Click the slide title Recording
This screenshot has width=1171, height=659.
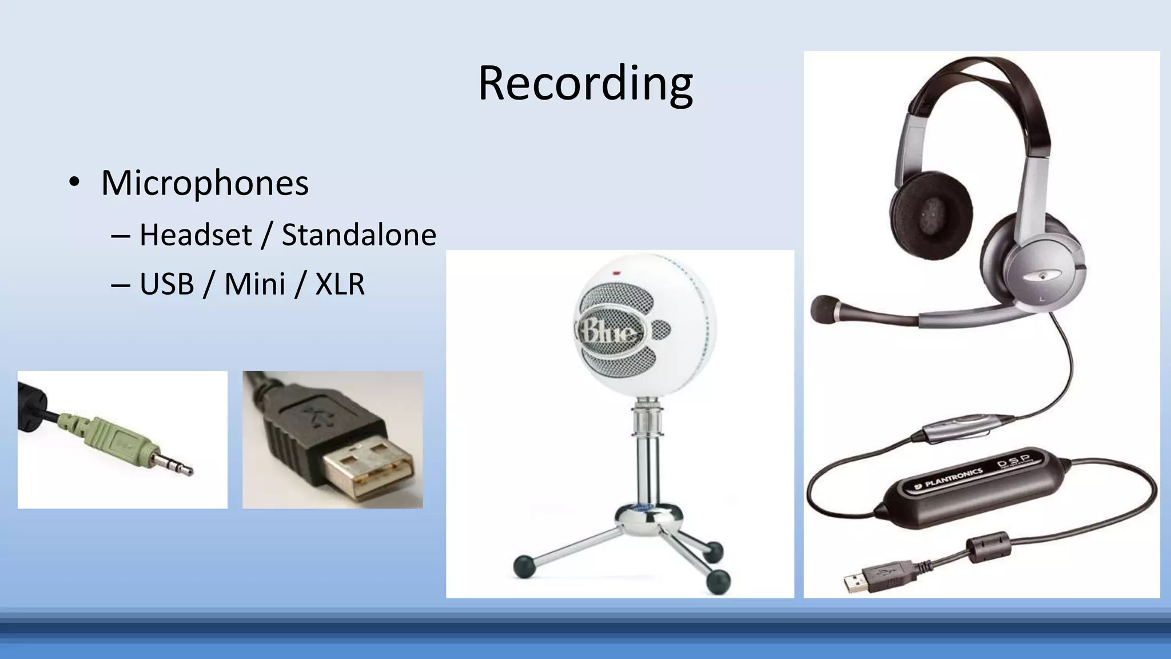pos(585,84)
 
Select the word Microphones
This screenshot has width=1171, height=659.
pos(205,183)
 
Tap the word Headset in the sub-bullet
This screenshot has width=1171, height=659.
pos(196,235)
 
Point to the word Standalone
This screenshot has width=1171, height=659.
pos(359,235)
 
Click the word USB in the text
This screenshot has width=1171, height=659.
pos(167,284)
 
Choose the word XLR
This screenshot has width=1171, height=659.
pos(340,284)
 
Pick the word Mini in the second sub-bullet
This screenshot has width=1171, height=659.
pos(254,284)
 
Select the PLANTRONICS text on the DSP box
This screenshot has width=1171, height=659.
pos(954,478)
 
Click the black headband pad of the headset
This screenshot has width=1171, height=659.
pos(983,86)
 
